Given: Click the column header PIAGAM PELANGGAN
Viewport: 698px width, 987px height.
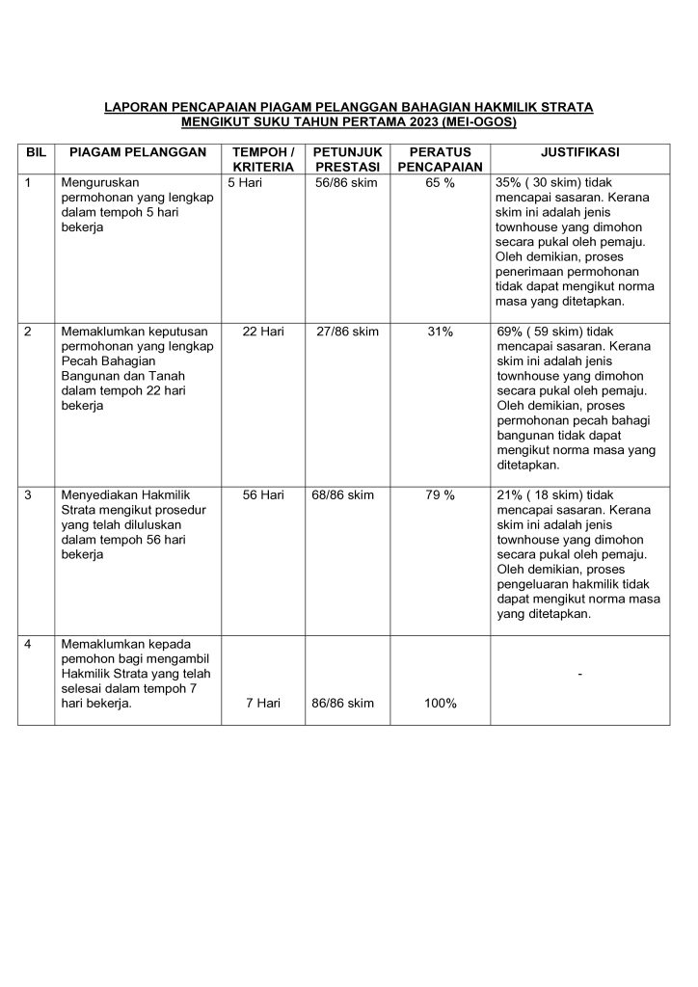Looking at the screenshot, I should point(133,152).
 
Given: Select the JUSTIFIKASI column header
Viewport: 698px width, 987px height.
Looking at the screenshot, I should point(579,152).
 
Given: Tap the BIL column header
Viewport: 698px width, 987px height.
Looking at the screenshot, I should point(36,152).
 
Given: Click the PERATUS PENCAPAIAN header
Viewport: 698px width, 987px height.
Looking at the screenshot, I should point(440,159).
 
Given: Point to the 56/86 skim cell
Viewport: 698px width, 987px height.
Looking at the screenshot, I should point(348,181).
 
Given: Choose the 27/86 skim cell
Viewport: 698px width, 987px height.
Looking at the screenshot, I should point(348,332).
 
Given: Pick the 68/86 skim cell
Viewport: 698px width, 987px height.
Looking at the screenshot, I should point(348,495).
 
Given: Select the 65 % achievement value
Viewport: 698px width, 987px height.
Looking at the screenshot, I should point(440,181).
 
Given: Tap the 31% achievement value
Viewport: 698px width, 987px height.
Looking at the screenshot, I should point(440,332).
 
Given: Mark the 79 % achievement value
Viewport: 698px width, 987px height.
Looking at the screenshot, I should point(440,495).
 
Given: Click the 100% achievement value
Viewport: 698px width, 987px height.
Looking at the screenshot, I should point(440,703).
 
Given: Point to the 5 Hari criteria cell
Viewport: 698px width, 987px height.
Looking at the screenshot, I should point(246,181).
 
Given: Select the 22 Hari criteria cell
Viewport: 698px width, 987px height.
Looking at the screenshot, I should point(262,332).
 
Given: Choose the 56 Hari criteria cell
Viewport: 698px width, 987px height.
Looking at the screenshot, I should point(262,495).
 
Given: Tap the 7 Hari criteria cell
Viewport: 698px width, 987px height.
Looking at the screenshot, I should point(262,703).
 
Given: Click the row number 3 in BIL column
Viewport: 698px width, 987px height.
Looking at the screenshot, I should point(29,495).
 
